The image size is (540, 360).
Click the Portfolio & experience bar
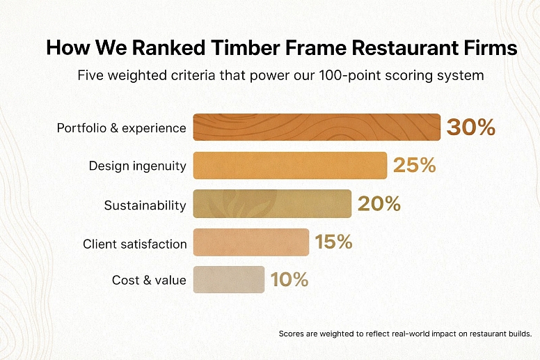(x=317, y=127)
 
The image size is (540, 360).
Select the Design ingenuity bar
(x=289, y=166)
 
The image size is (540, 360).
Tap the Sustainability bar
(x=272, y=204)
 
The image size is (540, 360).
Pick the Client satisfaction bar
(x=251, y=242)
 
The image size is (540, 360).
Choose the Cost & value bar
(x=229, y=280)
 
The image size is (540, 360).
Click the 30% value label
(x=471, y=127)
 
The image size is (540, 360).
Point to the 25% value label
(x=414, y=166)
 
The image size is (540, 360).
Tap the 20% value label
(x=379, y=204)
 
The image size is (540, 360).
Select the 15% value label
(x=333, y=242)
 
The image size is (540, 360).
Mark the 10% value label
(x=289, y=280)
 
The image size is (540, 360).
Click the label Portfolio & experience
(x=121, y=128)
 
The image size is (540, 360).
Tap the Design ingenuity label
(x=137, y=166)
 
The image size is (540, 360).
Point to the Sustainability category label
(x=145, y=205)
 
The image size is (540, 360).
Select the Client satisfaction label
(x=134, y=244)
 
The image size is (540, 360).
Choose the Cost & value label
(x=149, y=281)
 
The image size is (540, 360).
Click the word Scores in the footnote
(x=292, y=334)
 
